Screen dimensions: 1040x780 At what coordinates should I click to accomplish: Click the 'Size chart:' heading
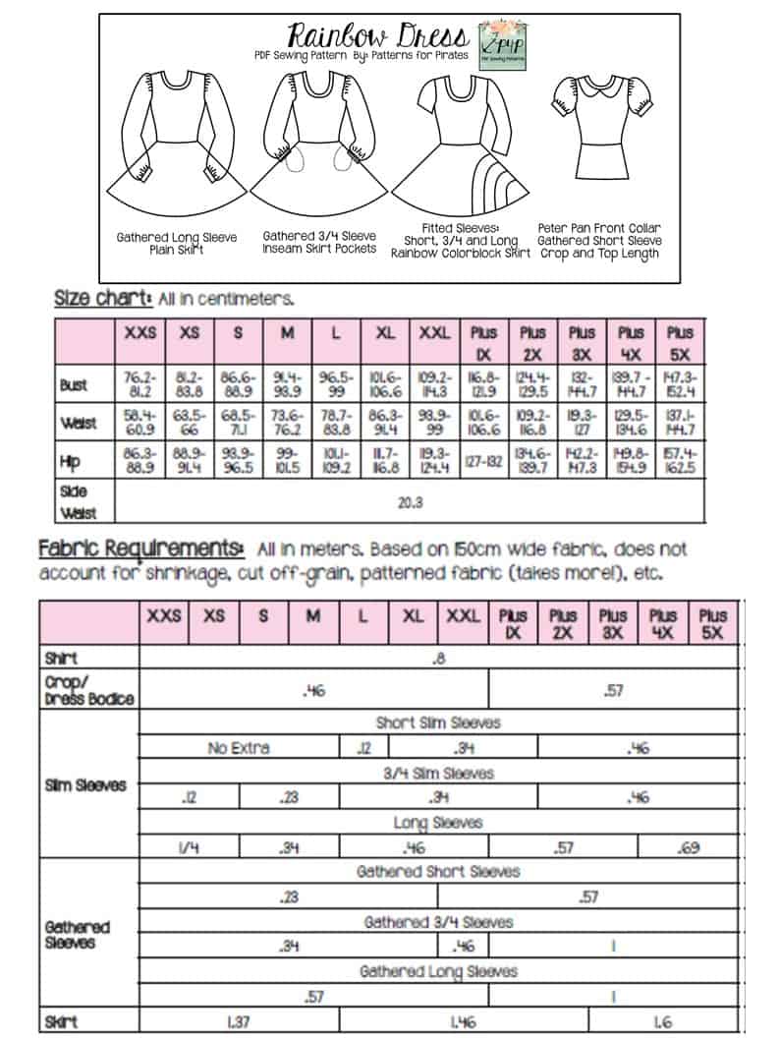(102, 298)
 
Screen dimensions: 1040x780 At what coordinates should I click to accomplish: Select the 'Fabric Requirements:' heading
(140, 548)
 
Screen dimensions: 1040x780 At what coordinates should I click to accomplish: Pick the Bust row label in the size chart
(74, 385)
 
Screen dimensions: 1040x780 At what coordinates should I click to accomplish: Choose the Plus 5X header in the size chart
(680, 332)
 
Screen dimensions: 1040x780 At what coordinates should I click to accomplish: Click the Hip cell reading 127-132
(483, 462)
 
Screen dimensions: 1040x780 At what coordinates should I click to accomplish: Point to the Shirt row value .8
(438, 659)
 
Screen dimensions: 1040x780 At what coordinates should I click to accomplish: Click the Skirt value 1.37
(238, 1021)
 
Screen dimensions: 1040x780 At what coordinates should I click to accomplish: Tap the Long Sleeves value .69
(688, 846)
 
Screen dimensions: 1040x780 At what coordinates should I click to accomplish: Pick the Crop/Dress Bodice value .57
(613, 691)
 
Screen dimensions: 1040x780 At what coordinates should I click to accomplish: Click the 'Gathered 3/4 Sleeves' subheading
(438, 922)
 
